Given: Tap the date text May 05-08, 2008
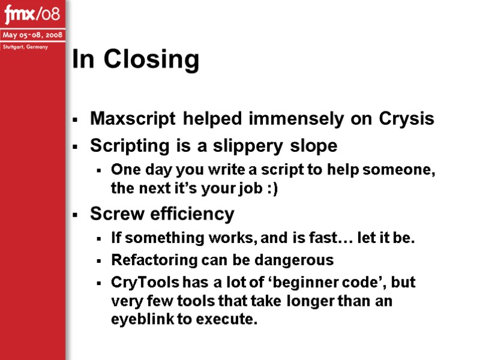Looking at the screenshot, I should coord(32,35).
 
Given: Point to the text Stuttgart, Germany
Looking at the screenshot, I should coord(28,47).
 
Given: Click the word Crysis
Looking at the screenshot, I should coord(407,119).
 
